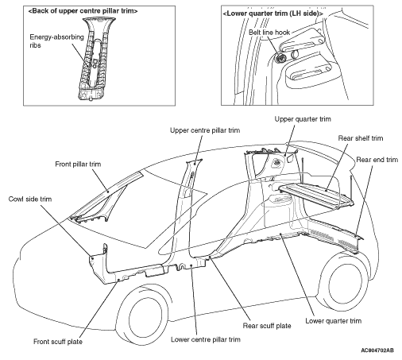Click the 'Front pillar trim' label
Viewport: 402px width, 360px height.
(78, 165)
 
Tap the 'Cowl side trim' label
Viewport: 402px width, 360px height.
(30, 199)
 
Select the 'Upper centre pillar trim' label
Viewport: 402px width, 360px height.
(205, 130)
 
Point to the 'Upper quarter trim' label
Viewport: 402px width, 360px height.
(303, 119)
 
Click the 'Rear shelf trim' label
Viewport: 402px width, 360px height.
(361, 138)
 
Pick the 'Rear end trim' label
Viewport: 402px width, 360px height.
(377, 160)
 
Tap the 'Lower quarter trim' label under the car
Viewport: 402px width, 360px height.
(333, 321)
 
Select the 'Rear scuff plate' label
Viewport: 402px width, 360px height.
(267, 326)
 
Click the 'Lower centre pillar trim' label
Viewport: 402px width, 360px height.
(206, 339)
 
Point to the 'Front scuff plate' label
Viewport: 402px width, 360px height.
(58, 342)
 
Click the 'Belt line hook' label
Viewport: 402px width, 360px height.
(269, 33)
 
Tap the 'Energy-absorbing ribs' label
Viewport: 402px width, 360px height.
(56, 41)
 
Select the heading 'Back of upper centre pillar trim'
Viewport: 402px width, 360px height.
(83, 11)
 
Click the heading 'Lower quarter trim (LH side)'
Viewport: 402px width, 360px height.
(273, 14)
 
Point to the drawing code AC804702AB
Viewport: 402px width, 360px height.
(377, 350)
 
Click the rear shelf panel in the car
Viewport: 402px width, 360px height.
(316, 194)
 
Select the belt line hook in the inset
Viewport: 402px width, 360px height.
(280, 57)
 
